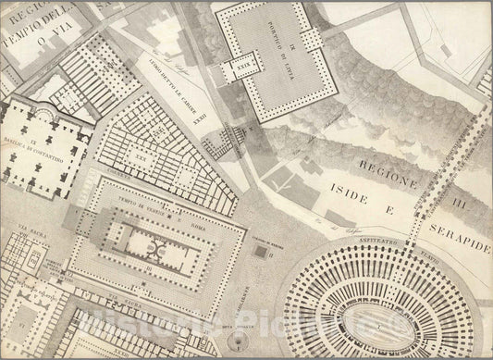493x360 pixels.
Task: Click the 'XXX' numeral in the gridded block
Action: (141, 155)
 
